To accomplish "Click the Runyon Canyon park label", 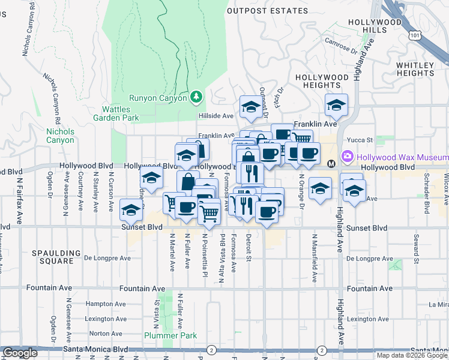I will coord(158,98).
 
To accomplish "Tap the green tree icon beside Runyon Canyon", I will coord(196,96).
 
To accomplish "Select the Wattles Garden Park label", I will coord(120,113).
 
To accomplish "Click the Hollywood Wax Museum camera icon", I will coord(347,157).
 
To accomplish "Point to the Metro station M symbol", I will coord(330,164).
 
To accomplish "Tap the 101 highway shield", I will coord(416,36).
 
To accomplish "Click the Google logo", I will coord(19,353).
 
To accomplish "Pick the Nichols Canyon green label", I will coord(61,136).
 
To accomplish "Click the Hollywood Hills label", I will coord(375,26).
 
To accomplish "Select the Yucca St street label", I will coord(361,140).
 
